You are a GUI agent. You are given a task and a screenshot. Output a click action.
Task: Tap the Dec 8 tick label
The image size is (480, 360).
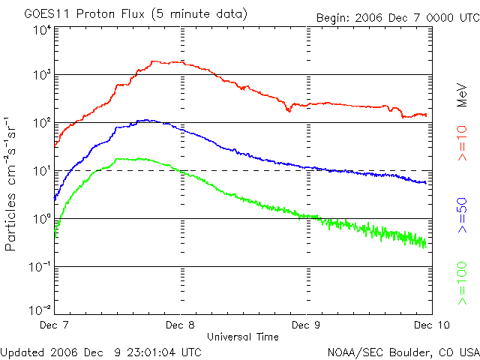(181, 325)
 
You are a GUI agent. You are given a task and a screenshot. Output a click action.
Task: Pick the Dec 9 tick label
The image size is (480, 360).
(305, 325)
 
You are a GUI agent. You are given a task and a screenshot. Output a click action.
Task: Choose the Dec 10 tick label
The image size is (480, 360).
(429, 325)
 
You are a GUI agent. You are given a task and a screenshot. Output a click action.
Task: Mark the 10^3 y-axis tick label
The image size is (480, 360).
(41, 76)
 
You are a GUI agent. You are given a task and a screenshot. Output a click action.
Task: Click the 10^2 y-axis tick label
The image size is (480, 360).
(41, 123)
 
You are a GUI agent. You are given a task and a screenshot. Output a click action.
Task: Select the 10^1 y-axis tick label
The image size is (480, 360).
(41, 171)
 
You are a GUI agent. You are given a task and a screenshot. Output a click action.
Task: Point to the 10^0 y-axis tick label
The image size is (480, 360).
(41, 219)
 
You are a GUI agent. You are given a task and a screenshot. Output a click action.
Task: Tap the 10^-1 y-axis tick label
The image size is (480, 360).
(40, 267)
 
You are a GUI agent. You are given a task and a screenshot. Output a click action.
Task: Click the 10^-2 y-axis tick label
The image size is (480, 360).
(40, 309)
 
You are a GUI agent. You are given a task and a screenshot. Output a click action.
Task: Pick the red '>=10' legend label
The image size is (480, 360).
(462, 146)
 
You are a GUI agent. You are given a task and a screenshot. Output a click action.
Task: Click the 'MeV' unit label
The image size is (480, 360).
(462, 94)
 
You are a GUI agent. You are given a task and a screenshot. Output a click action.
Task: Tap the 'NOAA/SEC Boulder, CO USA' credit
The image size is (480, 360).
(403, 352)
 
